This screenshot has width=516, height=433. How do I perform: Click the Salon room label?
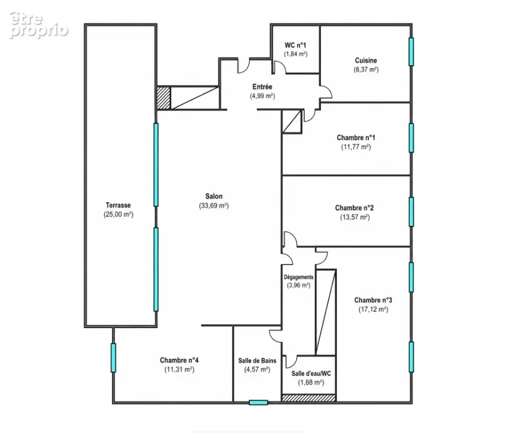pos(214,196)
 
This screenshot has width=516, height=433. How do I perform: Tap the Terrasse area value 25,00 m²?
pos(119,214)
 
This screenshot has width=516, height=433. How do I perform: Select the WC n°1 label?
pos(295,45)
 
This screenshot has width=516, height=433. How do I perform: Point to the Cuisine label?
pos(366,61)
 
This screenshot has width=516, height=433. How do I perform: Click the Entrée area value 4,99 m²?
pos(262,96)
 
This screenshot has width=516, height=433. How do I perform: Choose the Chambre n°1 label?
pos(356,138)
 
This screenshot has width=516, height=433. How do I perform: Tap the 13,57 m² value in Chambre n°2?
pos(355,217)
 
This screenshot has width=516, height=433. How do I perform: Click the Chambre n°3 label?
pos(373,300)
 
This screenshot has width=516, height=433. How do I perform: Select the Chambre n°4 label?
pos(179,360)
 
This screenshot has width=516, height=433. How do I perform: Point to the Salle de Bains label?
pos(257,361)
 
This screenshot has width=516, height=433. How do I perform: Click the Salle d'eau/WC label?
pos(311,374)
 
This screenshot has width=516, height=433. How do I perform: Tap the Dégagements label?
pos(299,277)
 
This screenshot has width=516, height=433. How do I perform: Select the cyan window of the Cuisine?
pos(411,52)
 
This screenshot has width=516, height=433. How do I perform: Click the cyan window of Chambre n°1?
pos(411,138)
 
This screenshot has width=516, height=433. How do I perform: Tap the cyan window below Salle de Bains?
pos(259,402)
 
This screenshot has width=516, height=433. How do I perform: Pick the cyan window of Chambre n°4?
pos(113,358)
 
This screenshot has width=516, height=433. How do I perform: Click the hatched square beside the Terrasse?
pos(163,98)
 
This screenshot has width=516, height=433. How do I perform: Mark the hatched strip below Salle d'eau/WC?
pos(309,398)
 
